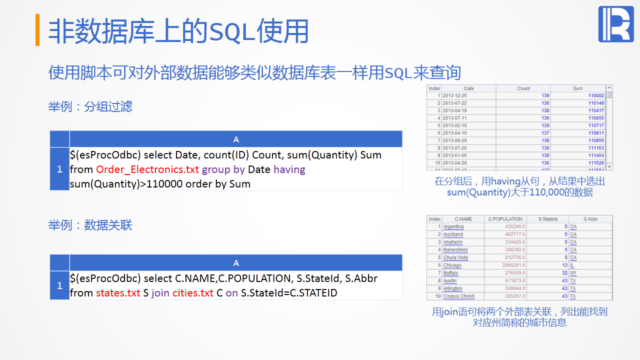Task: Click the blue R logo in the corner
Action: click(x=616, y=24)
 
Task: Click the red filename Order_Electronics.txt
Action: click(x=147, y=169)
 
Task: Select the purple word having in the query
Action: click(x=289, y=169)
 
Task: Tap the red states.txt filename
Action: click(x=118, y=293)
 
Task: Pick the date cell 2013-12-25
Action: click(x=454, y=95)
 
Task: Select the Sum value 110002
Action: click(x=596, y=95)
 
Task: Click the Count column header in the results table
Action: click(x=523, y=88)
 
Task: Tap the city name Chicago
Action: click(x=452, y=265)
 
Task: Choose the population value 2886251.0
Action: click(x=513, y=265)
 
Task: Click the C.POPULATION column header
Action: click(x=505, y=219)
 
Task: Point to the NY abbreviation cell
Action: click(x=573, y=273)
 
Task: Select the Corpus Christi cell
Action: click(x=459, y=296)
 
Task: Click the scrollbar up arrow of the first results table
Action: click(x=609, y=88)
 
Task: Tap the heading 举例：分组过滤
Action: click(x=90, y=106)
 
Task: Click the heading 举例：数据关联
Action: click(x=90, y=225)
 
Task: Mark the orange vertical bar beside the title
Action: click(x=37, y=29)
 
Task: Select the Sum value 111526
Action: click(x=596, y=163)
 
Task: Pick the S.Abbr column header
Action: click(x=590, y=219)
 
